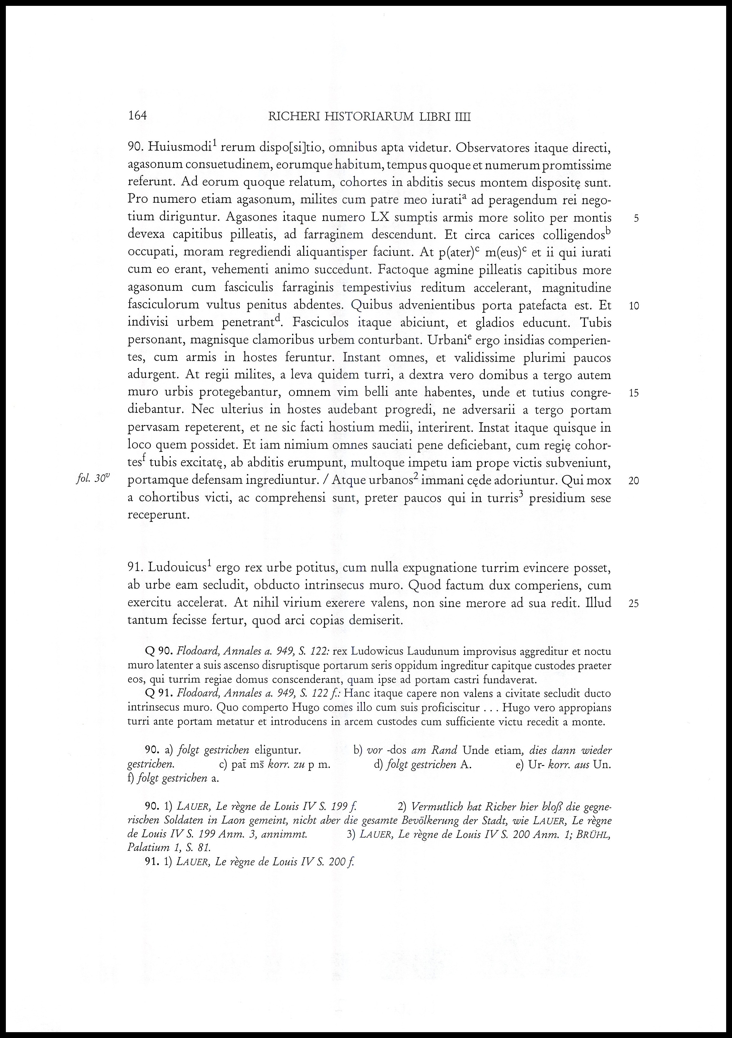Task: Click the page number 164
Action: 137,116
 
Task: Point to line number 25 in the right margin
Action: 634,603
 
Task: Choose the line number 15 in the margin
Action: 634,393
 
